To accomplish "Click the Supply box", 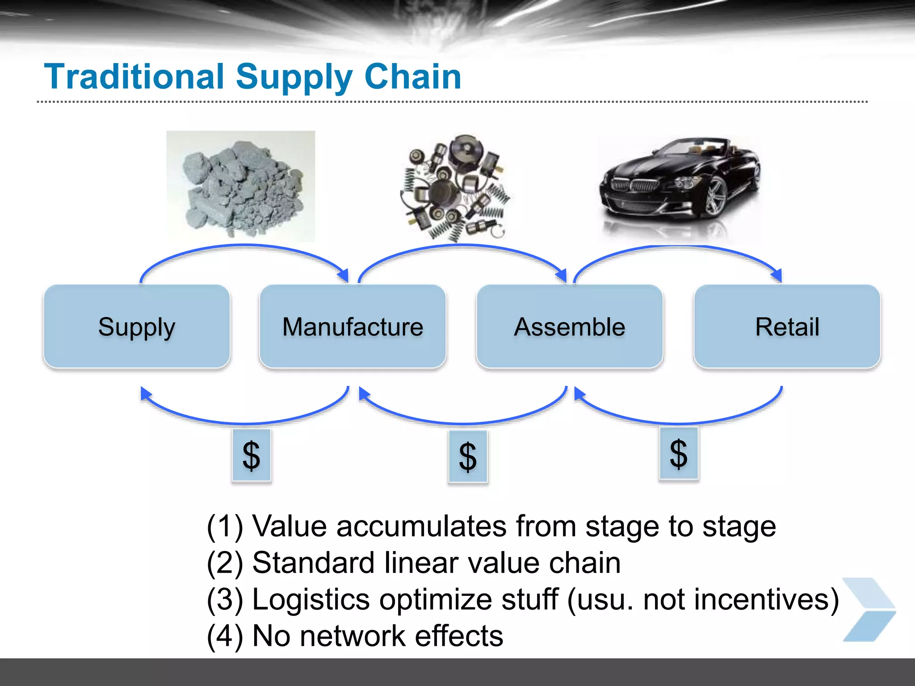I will [x=137, y=326].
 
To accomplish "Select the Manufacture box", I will [x=353, y=326].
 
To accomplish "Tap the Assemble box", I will [x=569, y=326].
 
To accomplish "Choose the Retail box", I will [x=787, y=326].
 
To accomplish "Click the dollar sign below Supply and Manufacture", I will [x=251, y=456].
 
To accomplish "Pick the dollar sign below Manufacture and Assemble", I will [x=468, y=457].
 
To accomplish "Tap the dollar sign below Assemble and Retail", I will [x=678, y=453].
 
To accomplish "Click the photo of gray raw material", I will [x=240, y=186].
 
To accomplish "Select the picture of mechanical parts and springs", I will [x=455, y=188].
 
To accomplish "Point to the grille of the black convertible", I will [x=634, y=184].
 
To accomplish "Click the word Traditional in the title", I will [x=134, y=77].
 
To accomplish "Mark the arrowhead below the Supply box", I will [x=145, y=393].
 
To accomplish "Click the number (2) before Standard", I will [x=225, y=563].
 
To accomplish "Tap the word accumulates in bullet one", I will [x=421, y=526].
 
